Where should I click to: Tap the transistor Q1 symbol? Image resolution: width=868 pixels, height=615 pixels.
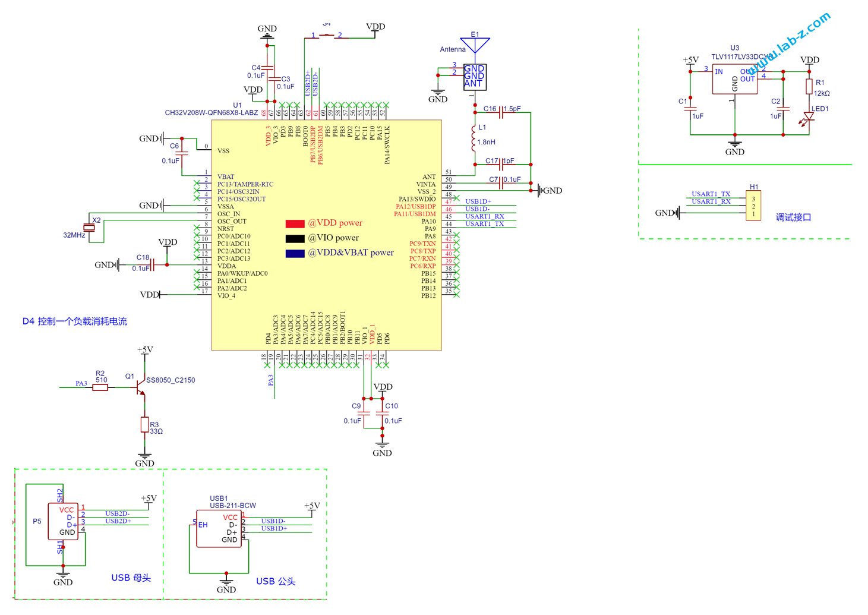point(140,388)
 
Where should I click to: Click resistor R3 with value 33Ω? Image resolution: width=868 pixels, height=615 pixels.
point(144,424)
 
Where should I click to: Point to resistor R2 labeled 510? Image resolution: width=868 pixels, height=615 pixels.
point(100,387)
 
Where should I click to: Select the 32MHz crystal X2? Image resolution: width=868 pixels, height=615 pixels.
point(89,228)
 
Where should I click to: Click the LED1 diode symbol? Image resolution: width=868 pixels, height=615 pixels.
point(809,117)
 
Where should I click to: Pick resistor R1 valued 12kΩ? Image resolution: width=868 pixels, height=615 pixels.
point(809,87)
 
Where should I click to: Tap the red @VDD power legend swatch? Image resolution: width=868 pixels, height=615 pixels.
point(295,224)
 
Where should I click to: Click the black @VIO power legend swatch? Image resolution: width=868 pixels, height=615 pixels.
point(295,239)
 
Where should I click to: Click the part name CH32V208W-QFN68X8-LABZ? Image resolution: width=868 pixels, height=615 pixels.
point(212,113)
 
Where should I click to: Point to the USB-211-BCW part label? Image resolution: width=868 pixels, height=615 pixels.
point(233,506)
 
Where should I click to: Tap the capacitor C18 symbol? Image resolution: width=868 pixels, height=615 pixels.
point(153,265)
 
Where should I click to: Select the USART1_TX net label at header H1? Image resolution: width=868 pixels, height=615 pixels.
point(711,194)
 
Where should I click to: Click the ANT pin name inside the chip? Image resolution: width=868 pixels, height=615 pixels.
point(428,176)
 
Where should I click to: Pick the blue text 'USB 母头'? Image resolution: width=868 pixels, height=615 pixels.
point(131,578)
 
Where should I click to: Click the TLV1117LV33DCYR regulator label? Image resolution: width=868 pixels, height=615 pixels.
point(741,57)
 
